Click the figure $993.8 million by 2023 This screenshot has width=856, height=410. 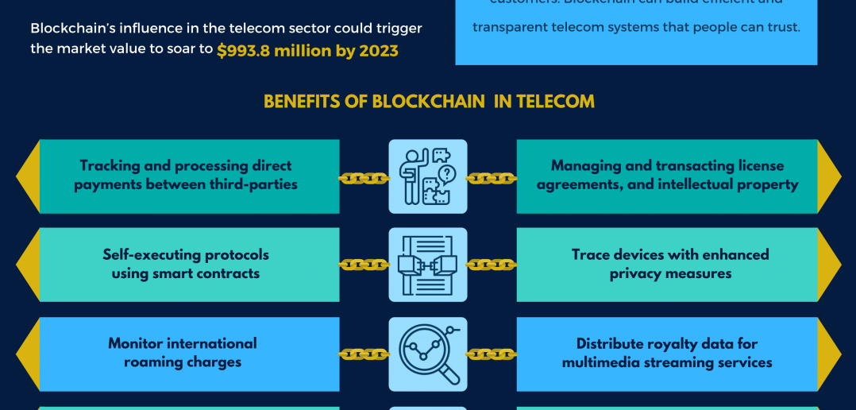tap(307, 50)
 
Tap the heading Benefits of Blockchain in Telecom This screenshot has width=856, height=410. tap(429, 102)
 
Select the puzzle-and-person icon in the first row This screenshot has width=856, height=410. tap(428, 176)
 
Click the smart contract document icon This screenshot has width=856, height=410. tap(428, 265)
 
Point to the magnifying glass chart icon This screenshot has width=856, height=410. tap(428, 354)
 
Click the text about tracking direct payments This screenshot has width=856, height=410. tap(186, 175)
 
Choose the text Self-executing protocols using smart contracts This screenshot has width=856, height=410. tap(186, 264)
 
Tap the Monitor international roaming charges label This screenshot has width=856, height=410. tap(183, 353)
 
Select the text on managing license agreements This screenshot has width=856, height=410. tap(667, 175)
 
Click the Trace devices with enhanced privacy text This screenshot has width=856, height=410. tap(670, 264)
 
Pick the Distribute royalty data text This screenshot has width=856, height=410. tap(667, 353)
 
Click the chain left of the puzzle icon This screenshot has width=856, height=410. tap(364, 179)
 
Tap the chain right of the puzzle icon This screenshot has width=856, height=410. tap(492, 179)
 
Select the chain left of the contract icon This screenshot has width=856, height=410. tap(364, 265)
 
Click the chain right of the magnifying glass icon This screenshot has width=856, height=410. tap(492, 354)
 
